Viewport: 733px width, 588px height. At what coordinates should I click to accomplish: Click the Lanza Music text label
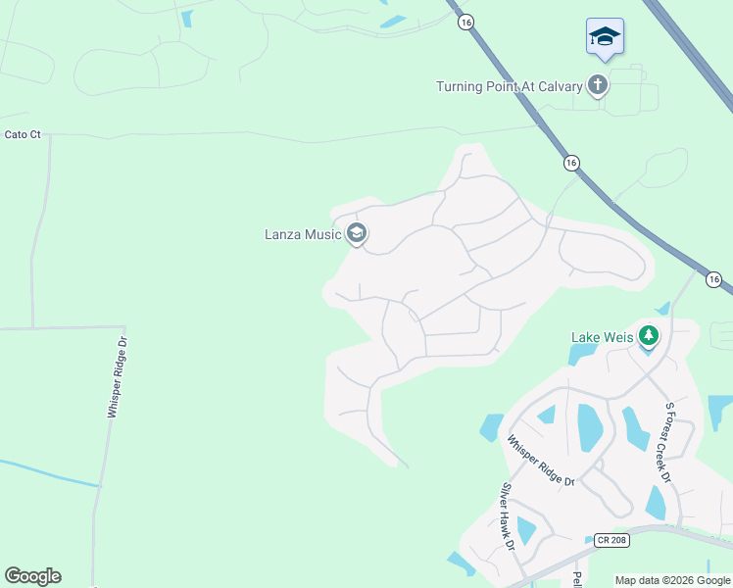[302, 234]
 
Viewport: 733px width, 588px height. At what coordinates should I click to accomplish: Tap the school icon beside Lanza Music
[356, 233]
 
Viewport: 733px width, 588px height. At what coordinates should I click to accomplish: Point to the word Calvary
[558, 86]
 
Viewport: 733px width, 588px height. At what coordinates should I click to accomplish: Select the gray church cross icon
[597, 86]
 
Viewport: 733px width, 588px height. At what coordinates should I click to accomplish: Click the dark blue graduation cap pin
[605, 38]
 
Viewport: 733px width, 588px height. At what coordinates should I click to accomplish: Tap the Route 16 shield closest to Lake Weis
[713, 280]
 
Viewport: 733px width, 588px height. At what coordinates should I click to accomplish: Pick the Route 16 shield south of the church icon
[571, 163]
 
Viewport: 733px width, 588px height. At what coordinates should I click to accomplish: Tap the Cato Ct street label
[22, 134]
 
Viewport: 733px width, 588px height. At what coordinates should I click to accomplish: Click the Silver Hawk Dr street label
[508, 517]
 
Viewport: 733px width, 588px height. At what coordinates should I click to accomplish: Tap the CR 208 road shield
[607, 539]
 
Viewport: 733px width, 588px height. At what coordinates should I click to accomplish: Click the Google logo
[32, 576]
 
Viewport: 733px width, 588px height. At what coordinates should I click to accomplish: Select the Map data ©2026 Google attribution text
[672, 580]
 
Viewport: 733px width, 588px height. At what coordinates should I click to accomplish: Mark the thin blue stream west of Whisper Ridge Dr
[49, 472]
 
